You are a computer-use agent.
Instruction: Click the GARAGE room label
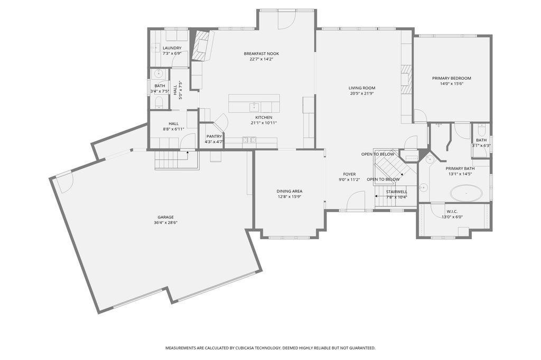(165, 217)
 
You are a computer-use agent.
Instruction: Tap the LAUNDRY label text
(172, 48)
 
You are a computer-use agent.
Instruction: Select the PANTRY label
(214, 136)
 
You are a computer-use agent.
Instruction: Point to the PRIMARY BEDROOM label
(451, 78)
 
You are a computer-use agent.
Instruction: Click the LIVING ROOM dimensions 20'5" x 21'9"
(361, 93)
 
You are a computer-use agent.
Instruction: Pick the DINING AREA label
(290, 192)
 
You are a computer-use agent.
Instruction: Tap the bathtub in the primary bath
(467, 193)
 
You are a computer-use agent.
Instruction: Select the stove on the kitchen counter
(249, 140)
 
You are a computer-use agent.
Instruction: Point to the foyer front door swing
(356, 201)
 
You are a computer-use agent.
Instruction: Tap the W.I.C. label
(452, 211)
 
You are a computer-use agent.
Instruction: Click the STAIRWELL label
(396, 192)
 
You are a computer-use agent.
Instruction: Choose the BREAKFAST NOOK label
(261, 53)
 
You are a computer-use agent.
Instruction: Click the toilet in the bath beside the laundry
(159, 102)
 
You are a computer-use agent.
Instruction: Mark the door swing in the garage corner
(64, 182)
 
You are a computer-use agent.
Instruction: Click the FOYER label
(349, 174)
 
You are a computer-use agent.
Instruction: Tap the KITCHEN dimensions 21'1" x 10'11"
(264, 123)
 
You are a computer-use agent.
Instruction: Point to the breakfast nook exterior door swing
(287, 20)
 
